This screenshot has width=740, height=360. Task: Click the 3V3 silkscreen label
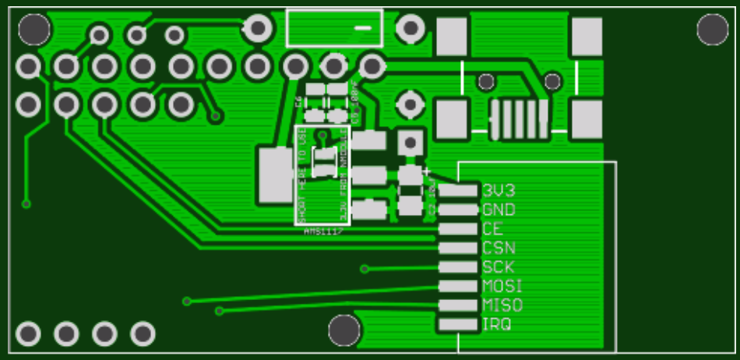[499, 190]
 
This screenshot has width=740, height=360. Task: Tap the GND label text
[499, 210]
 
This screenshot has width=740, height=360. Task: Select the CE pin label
[492, 229]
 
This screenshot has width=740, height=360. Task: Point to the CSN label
[498, 249]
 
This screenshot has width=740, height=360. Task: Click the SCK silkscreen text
[499, 267]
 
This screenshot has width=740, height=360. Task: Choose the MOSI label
[502, 286]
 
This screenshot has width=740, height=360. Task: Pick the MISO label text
[502, 305]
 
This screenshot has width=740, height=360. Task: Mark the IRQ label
[497, 324]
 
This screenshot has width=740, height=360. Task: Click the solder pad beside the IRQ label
[458, 324]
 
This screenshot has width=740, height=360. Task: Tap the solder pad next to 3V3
[458, 190]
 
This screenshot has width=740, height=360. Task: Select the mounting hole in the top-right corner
[712, 30]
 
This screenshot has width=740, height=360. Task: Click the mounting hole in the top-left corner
[34, 30]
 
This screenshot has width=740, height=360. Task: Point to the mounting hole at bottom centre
[344, 330]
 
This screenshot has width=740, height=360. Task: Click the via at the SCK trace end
[365, 270]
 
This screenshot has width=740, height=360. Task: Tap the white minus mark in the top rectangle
[363, 29]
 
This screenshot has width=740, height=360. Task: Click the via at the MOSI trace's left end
[187, 301]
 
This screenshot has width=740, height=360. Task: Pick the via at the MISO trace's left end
[220, 311]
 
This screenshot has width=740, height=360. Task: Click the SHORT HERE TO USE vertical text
[302, 175]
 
